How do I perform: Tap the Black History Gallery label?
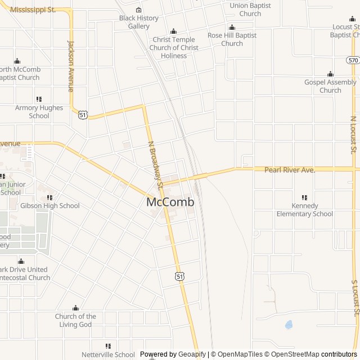(139, 22)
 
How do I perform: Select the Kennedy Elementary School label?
(304, 210)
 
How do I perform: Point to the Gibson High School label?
(50, 206)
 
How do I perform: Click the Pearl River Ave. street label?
(290, 169)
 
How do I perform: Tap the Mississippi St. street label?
(33, 10)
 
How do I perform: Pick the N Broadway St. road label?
(155, 164)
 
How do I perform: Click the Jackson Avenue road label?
(71, 66)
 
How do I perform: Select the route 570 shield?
(353, 60)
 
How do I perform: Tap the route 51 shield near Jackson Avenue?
(83, 115)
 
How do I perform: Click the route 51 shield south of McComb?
(179, 276)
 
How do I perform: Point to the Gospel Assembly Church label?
(330, 86)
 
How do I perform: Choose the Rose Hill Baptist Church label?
(232, 39)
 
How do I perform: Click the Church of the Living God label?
(75, 320)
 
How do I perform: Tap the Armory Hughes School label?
(39, 111)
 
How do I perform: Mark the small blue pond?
(289, 325)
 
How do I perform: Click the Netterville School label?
(108, 354)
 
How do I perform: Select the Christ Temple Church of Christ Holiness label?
(173, 47)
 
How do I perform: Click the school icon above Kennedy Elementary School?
(304, 197)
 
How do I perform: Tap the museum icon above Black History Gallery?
(139, 10)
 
